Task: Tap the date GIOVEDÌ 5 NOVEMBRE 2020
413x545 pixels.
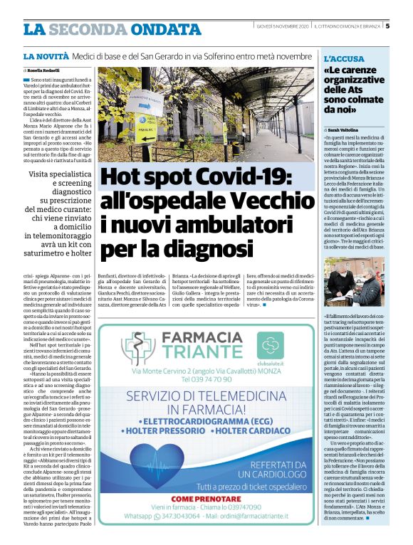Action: tap(283, 27)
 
